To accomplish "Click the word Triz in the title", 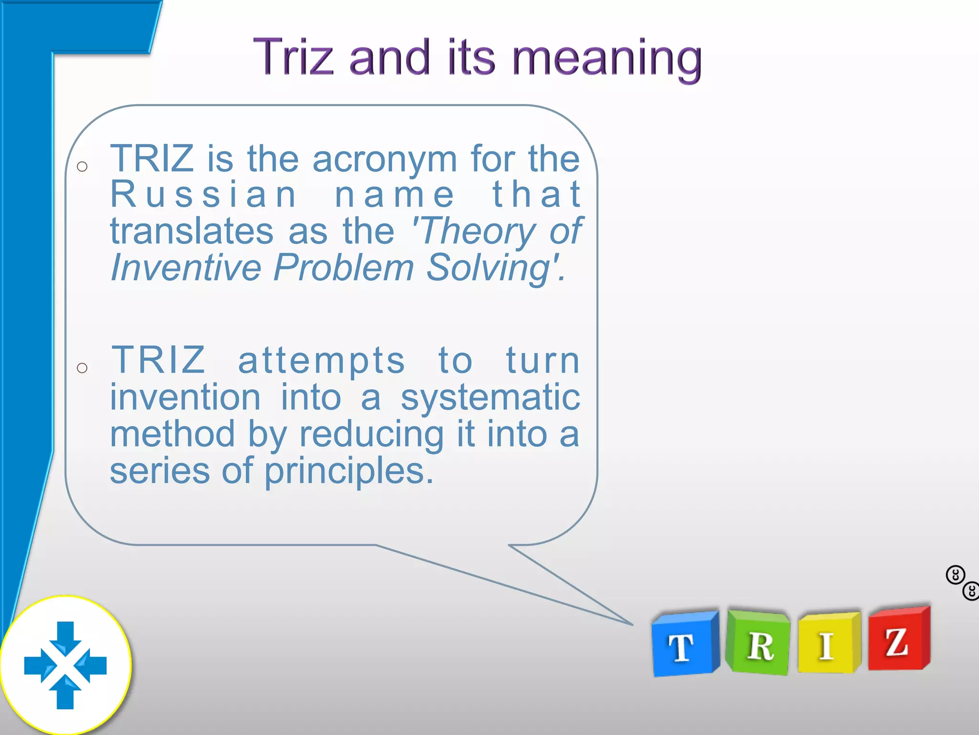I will pos(293,57).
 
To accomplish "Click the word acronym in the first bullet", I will pos(385,159).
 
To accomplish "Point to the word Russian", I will pos(203,195).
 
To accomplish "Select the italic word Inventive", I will pos(185,268).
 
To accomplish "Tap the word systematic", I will pos(490,398).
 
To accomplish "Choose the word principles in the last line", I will pos(349,471).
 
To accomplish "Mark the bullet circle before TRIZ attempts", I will pos(82,367).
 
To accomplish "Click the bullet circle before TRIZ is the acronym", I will pos(82,167).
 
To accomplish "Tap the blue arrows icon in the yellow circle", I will pos(65,665).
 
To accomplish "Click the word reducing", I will pos(371,434).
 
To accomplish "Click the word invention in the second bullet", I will pos(185,398).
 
